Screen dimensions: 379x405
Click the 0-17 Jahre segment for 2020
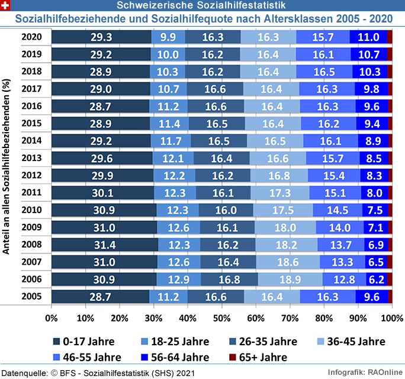(101, 37)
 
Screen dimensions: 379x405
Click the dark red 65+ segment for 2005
(390, 296)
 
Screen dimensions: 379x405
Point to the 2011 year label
(31, 192)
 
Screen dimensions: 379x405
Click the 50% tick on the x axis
(222, 317)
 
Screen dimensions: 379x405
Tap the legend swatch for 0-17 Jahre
(57, 342)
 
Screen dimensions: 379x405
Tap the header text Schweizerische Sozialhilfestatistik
(202, 5)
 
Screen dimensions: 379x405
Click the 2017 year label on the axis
(31, 89)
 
